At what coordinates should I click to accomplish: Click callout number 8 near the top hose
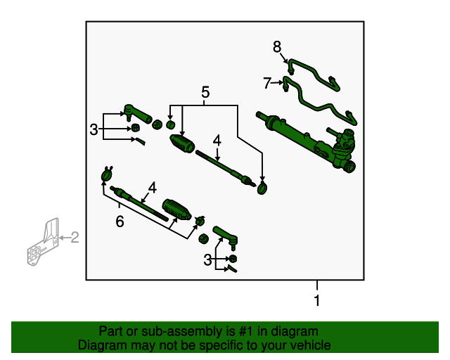277,47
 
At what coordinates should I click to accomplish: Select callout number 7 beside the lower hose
267,83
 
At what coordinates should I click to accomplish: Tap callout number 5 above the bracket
205,92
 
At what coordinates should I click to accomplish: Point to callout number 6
120,221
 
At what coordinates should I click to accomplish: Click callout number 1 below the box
317,300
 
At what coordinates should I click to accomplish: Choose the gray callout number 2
75,238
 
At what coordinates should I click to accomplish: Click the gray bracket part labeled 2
43,242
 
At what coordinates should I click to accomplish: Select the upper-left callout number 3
94,129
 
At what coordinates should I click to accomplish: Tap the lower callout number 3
207,260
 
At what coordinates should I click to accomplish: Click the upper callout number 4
217,141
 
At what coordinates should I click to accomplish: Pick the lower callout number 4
153,188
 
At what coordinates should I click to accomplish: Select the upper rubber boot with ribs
183,143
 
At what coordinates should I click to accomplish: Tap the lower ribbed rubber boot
176,210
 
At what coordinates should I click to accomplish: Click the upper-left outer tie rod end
137,114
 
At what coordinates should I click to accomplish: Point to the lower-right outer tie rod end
226,237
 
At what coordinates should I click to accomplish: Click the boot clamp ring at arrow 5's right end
262,188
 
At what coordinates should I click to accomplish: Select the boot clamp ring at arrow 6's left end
107,174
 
